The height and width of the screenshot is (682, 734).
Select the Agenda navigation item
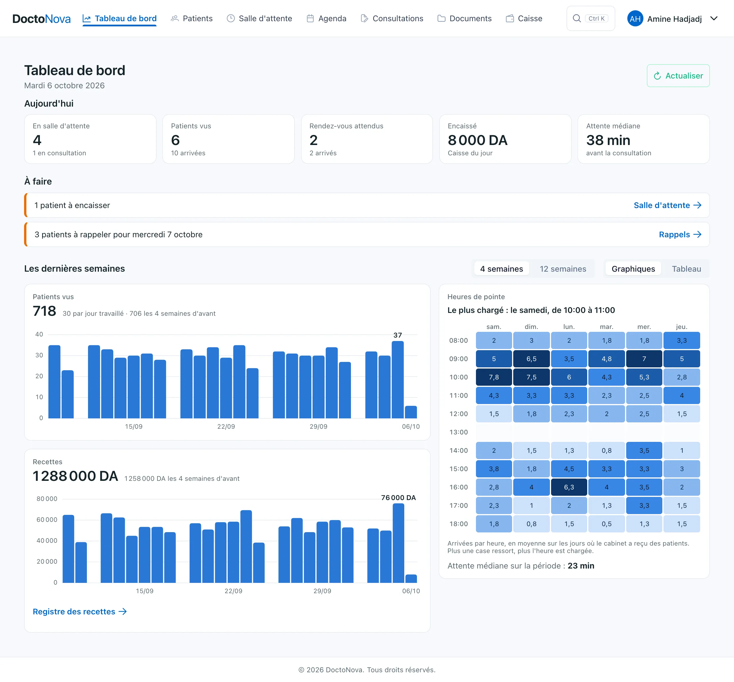326,18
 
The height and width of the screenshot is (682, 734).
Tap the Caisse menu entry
524,18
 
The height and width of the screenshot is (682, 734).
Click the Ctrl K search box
590,18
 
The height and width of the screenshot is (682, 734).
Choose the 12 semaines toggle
563,269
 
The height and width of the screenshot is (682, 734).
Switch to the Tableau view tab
686,269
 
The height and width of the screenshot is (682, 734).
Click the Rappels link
680,234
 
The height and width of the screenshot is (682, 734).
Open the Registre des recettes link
80,612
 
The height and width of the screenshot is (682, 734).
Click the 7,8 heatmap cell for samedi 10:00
494,377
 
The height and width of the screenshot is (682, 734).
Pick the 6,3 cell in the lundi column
569,487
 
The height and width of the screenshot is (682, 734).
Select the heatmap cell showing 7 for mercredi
644,359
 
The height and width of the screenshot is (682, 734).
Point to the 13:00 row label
458,432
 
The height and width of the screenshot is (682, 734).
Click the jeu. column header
682,327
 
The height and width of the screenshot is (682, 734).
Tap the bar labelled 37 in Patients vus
398,379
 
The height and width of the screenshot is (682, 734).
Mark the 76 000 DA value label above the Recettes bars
398,497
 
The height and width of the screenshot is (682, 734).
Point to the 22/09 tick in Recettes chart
233,591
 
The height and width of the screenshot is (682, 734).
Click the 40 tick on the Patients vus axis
39,334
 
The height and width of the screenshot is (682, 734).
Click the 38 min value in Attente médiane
608,140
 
